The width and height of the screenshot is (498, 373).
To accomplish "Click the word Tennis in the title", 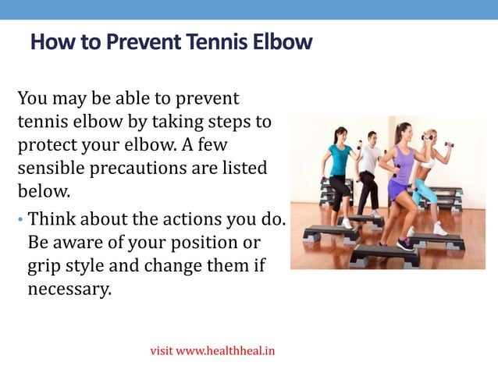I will point(215,42).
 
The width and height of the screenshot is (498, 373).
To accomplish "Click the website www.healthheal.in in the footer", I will point(225,351).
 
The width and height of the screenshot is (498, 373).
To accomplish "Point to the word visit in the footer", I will point(162,351).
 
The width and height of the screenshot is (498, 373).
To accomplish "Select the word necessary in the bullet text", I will point(69,289).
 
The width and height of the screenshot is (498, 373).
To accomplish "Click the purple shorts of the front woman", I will point(399,190).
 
